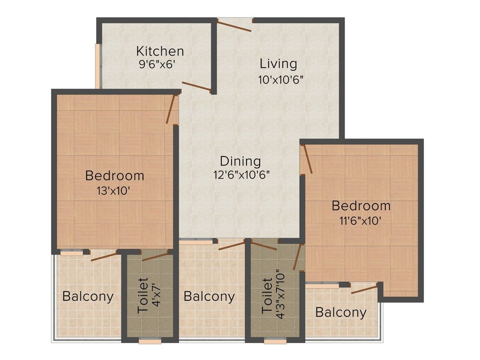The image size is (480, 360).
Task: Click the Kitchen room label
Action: pos(160,51)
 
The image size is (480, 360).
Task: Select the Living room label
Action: pos(278,64)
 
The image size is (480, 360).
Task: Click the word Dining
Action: pos(240,161)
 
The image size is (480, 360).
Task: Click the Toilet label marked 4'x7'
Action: pos(143,296)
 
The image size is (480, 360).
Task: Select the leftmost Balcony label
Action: pos(88,297)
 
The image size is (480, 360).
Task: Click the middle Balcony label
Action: pos(209,297)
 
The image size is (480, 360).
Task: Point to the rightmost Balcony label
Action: pos(341,313)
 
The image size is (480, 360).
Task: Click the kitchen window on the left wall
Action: pos(97,66)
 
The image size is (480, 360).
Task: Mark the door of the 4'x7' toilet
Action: pos(155,256)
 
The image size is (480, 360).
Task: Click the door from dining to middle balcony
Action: pos(232,245)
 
